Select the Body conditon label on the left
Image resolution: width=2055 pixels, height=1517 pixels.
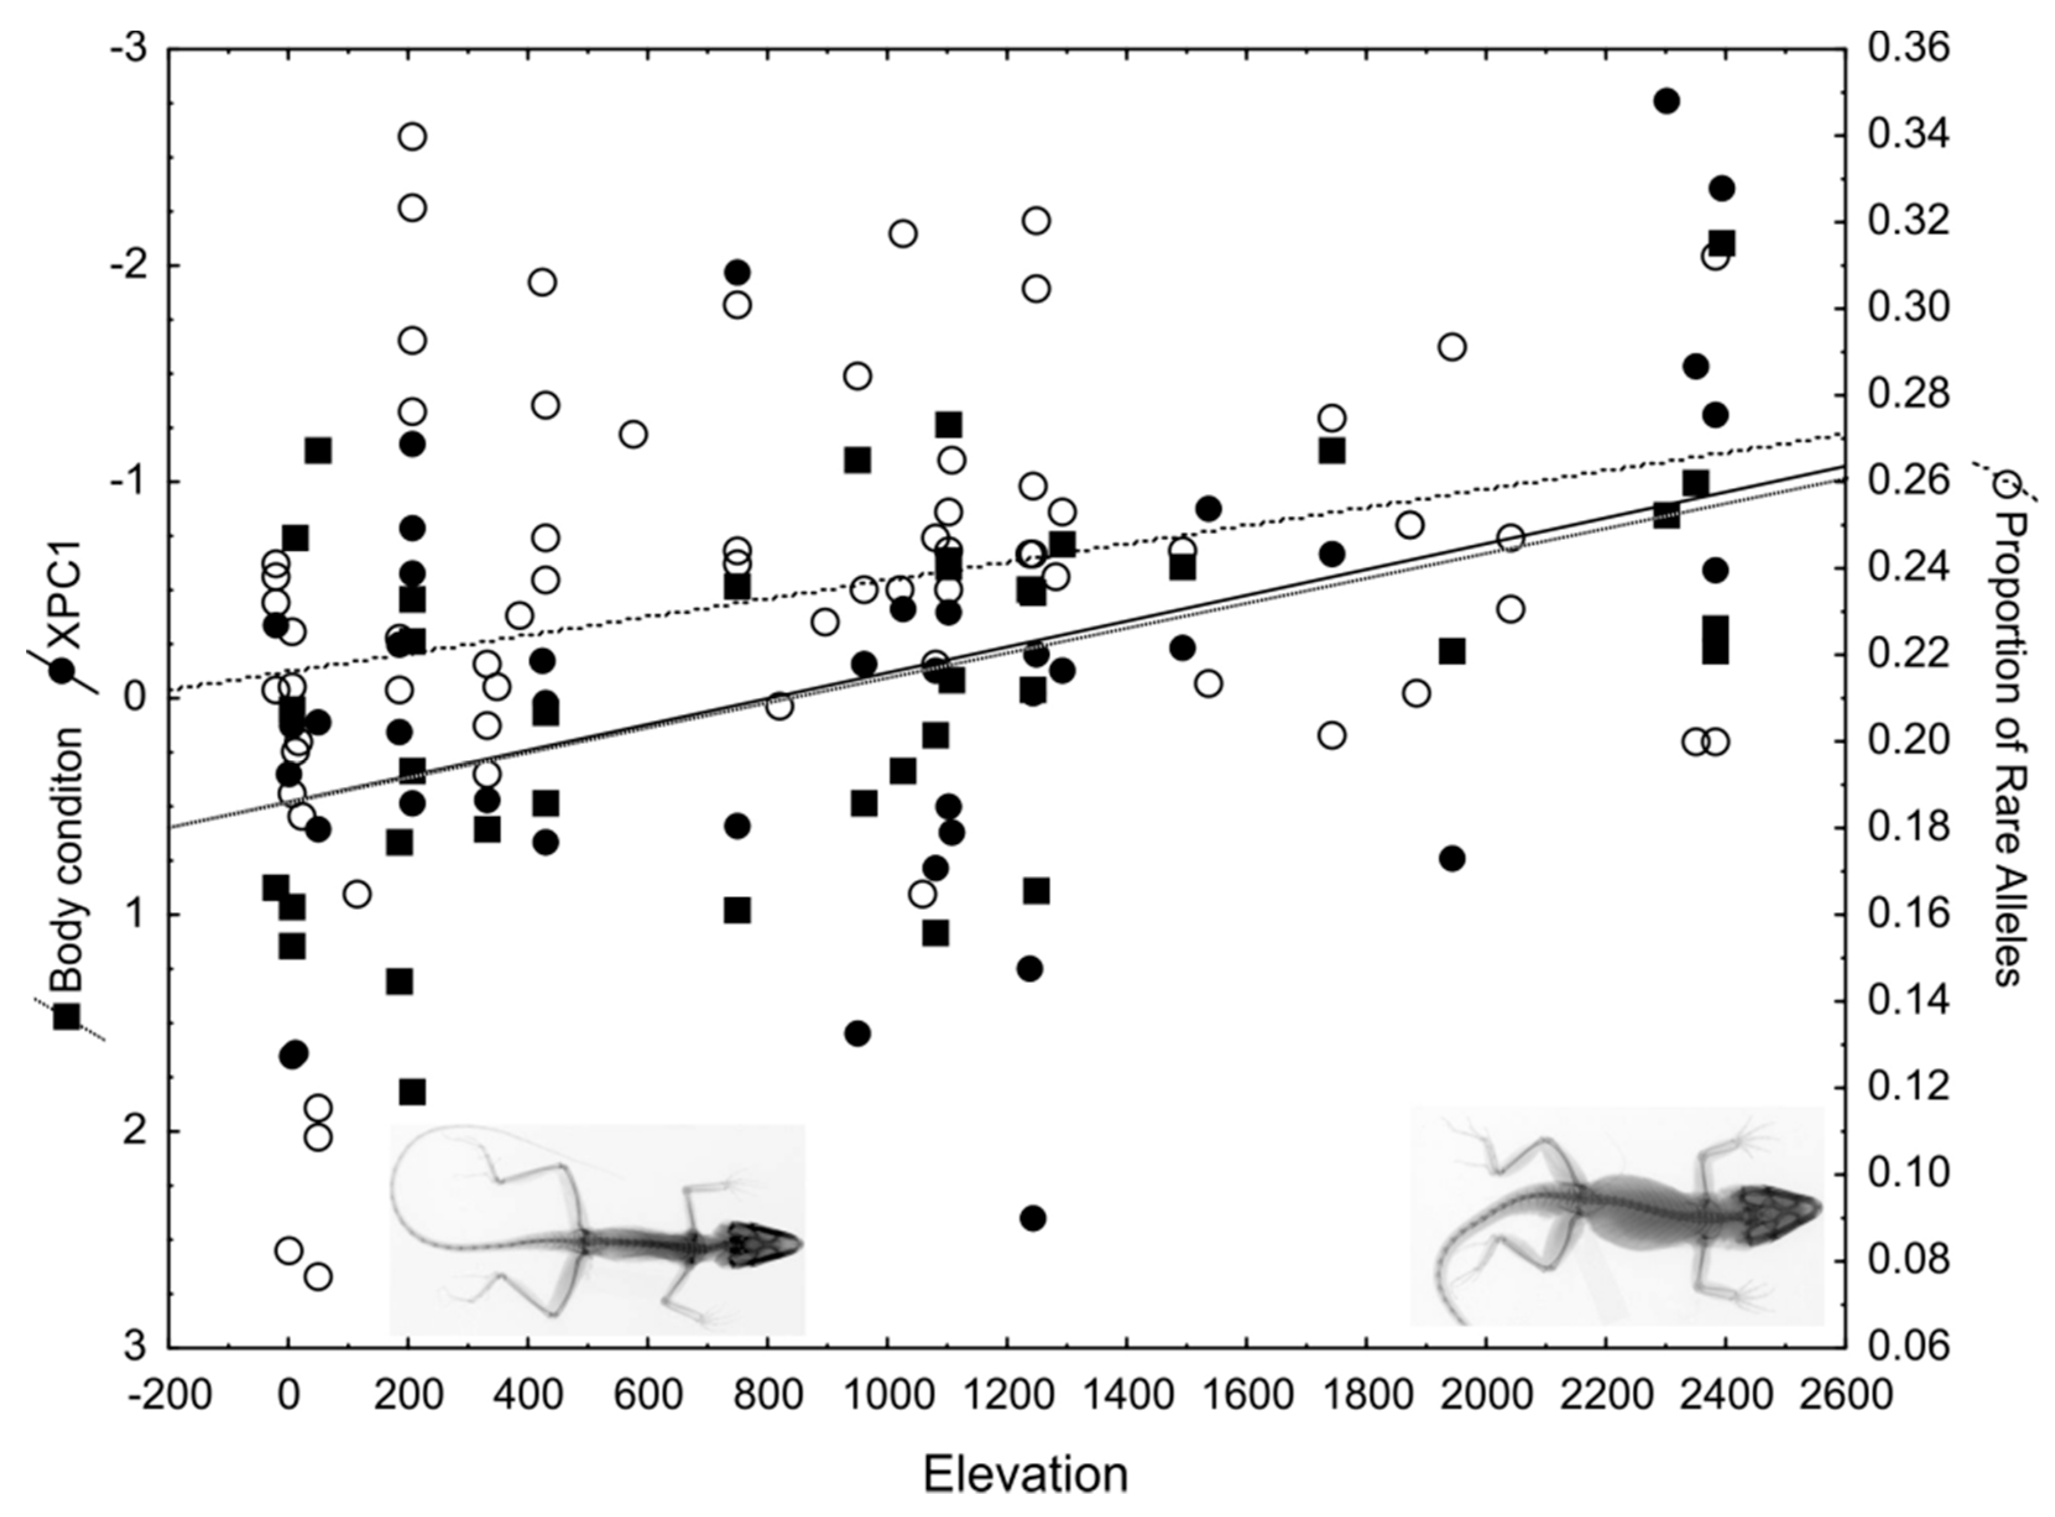pos(66,858)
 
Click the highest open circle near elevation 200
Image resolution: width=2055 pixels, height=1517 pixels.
pos(412,137)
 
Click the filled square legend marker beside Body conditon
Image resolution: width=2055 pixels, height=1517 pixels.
pos(67,1017)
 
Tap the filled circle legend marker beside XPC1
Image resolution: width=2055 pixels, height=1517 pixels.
pos(63,671)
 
